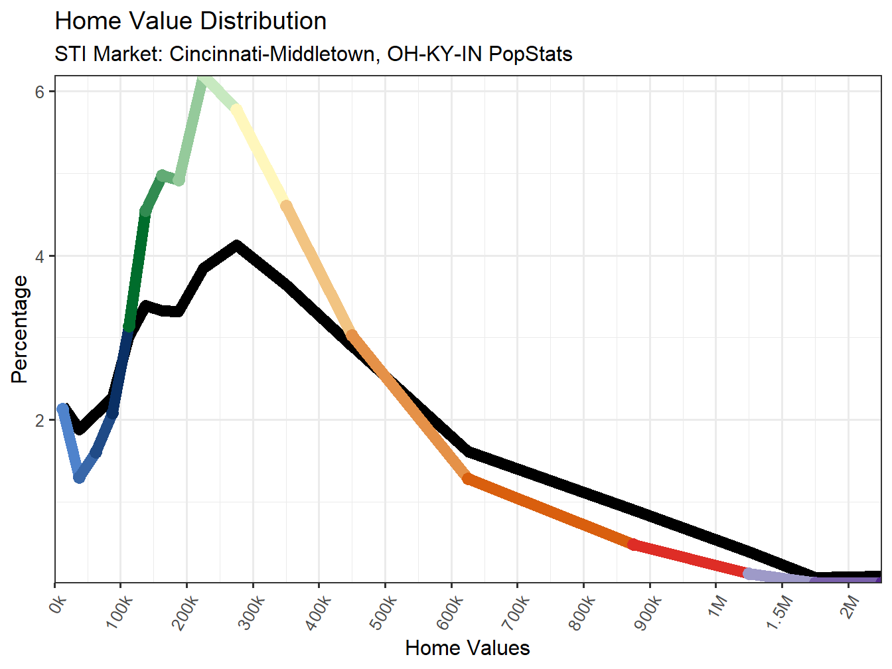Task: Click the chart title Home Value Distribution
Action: coord(190,21)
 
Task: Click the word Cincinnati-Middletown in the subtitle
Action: coord(275,54)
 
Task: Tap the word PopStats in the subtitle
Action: coord(530,54)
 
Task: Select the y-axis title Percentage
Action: coord(20,329)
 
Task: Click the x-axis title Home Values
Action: coord(467,648)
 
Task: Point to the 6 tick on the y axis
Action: coord(40,92)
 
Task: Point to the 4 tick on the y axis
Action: coord(40,256)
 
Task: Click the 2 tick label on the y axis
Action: coord(40,420)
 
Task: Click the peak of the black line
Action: coord(236,246)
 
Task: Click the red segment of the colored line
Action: coord(690,559)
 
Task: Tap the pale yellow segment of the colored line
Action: coord(261,157)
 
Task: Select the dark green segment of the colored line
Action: coord(137,269)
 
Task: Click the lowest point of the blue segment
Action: coord(79,477)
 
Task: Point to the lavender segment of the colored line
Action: coord(780,577)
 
